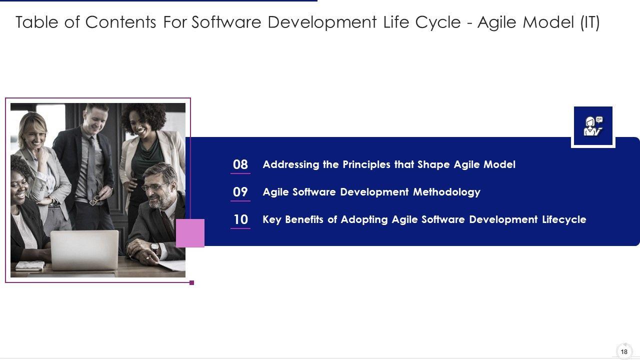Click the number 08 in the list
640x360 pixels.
tap(240, 164)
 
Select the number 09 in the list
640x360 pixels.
tap(240, 192)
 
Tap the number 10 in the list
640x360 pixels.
tap(240, 219)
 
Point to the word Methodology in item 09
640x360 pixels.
tap(446, 192)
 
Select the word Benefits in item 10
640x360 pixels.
tap(304, 219)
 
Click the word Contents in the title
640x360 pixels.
tap(120, 22)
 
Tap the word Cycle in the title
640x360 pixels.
tap(438, 22)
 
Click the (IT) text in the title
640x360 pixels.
tap(589, 22)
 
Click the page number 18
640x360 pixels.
tap(624, 351)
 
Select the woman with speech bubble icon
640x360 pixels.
tap(593, 126)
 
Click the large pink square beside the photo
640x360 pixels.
tap(190, 233)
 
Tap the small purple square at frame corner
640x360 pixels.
tap(191, 283)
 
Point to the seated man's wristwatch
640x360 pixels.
tap(154, 247)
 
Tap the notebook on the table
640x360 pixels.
tap(30, 266)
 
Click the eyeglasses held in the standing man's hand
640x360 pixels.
tap(96, 199)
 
